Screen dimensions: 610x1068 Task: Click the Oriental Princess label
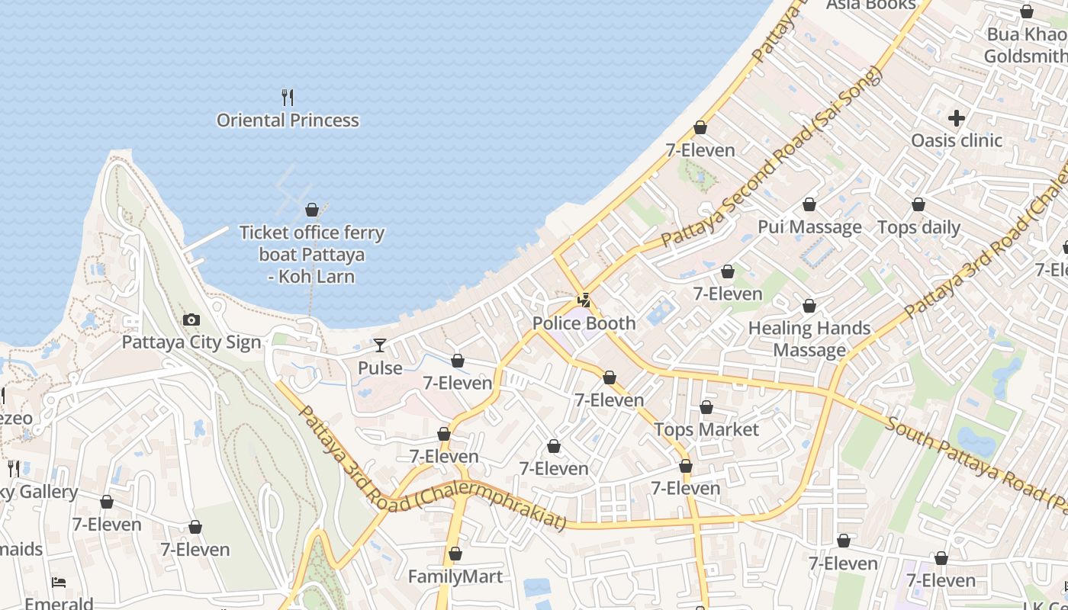[x=288, y=120]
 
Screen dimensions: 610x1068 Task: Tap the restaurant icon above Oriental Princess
[x=288, y=97]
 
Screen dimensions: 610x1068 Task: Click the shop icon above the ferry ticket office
[x=312, y=210]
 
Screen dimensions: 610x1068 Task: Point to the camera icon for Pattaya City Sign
[x=191, y=320]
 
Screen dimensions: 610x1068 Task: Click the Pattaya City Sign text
[x=191, y=342]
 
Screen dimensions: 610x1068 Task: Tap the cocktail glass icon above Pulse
[x=379, y=345]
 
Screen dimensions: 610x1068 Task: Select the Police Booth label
[x=584, y=323]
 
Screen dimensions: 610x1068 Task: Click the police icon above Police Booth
[x=584, y=300]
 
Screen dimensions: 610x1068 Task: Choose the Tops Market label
[x=706, y=430]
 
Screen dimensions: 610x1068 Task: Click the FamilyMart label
[x=455, y=576]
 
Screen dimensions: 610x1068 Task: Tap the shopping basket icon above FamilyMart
[x=455, y=554]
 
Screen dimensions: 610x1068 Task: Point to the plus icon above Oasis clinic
[x=957, y=118]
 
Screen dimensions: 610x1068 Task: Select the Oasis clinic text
[x=957, y=140]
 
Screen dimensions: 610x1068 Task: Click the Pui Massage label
[x=809, y=227]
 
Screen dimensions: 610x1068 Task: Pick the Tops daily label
[x=918, y=227]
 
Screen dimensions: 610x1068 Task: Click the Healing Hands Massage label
[x=809, y=339]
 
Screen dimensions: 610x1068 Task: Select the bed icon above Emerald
[x=59, y=583]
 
